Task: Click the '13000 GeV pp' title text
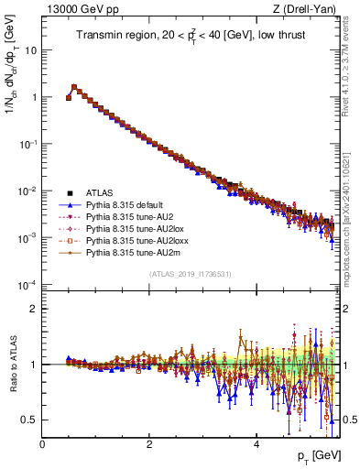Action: click(x=77, y=9)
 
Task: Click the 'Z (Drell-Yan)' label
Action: click(x=304, y=9)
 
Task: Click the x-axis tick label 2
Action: click(x=149, y=443)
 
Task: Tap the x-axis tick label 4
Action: click(x=256, y=443)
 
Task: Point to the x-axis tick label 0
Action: click(x=42, y=443)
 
